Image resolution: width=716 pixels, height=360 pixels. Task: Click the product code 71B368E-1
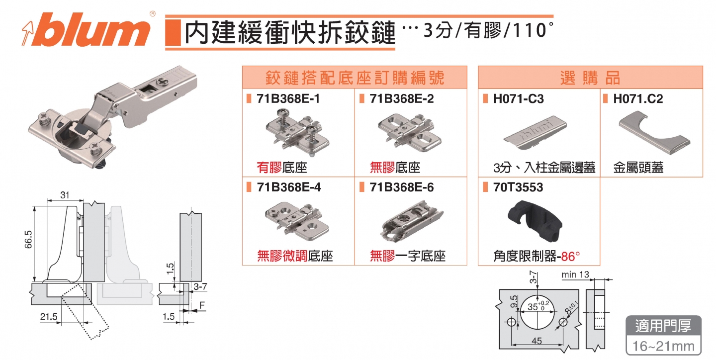288,99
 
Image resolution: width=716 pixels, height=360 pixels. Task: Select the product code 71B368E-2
402,99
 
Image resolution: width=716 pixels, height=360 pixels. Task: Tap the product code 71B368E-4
288,187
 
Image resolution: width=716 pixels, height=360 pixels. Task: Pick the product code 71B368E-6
402,187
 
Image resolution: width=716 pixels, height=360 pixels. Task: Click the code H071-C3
518,99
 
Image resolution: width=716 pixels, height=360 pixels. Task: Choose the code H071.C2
638,99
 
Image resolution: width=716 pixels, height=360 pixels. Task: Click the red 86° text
571,257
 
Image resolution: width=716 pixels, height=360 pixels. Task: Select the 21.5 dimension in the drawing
48,317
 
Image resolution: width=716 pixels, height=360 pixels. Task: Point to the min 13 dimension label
575,274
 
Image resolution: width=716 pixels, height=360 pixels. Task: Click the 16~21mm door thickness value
663,345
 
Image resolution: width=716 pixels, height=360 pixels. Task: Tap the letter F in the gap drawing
201,304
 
